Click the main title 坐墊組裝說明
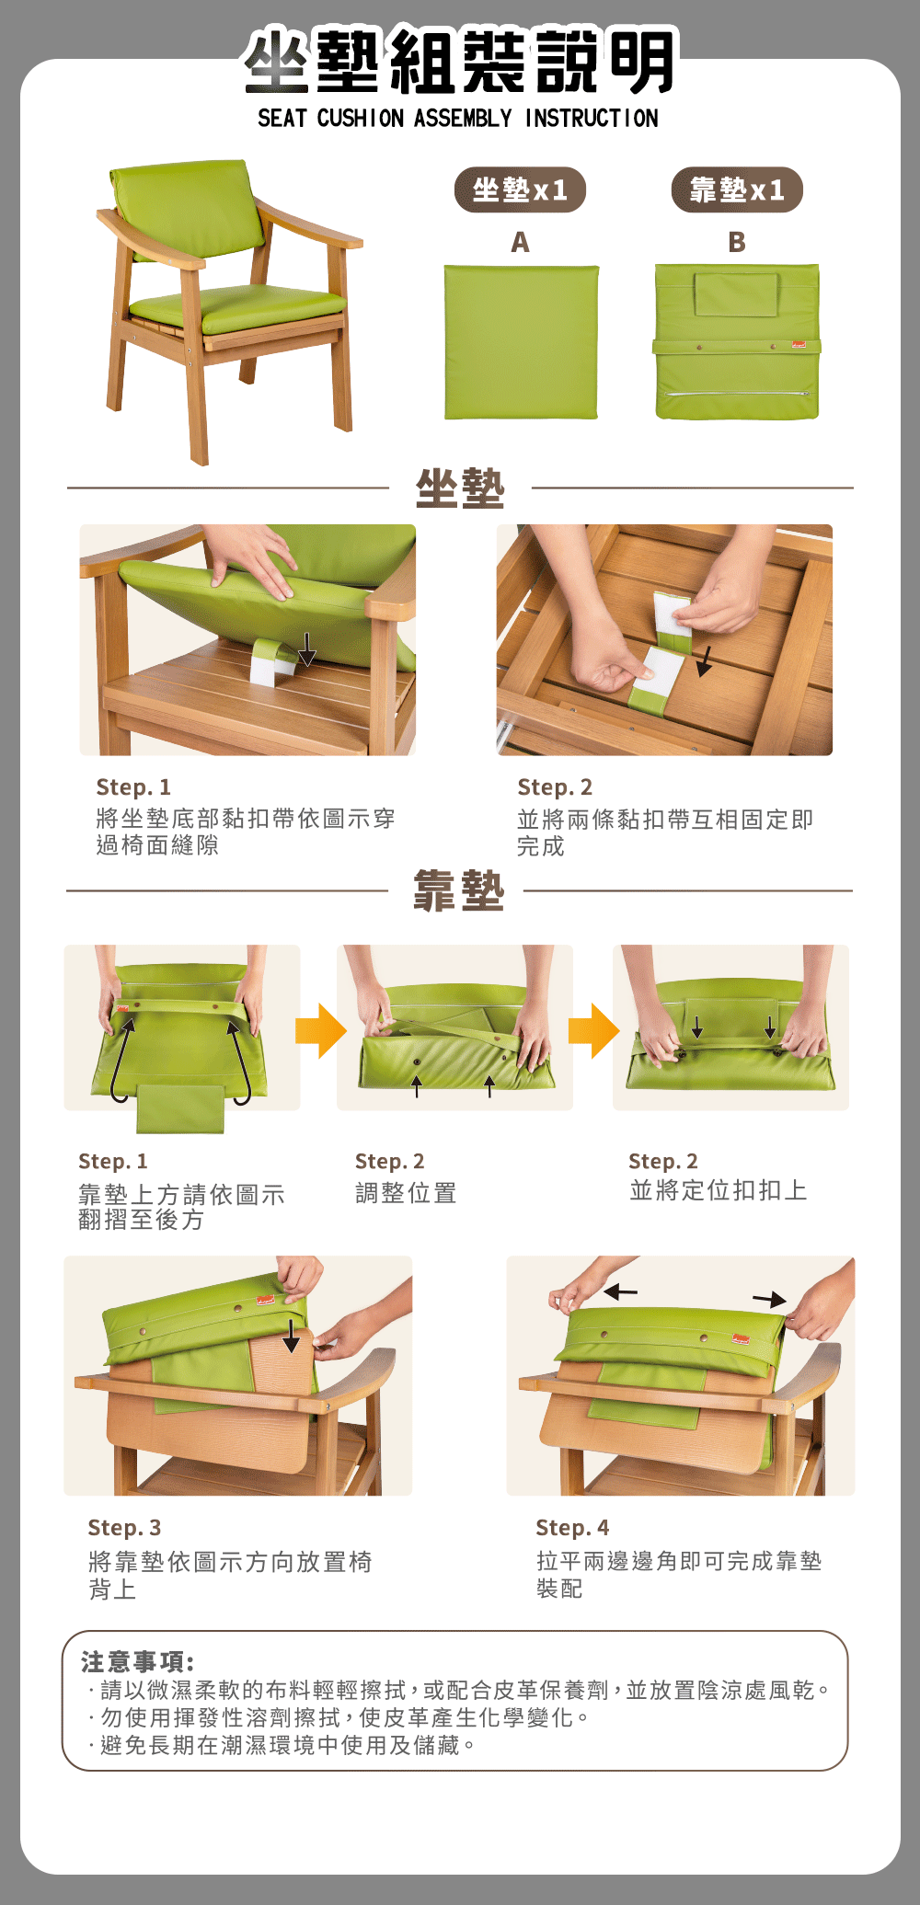pos(460,61)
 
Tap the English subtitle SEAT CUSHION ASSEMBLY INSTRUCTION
pos(458,119)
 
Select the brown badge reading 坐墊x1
pos(520,190)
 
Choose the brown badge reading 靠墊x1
pos(737,190)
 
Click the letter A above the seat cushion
pos(520,242)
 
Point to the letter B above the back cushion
pos(737,242)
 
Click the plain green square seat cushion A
pos(522,342)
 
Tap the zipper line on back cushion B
pos(737,394)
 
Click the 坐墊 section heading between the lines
pos(460,488)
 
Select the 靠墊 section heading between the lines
pos(459,890)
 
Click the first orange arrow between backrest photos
pos(320,1031)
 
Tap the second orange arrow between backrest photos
pos(593,1031)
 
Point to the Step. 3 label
pos(124,1528)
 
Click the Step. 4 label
pos(572,1528)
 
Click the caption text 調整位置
pos(406,1193)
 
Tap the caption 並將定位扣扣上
pos(718,1190)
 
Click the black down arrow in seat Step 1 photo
pos(307,648)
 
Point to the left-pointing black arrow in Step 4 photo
pos(621,1292)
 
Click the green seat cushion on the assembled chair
pos(237,308)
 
